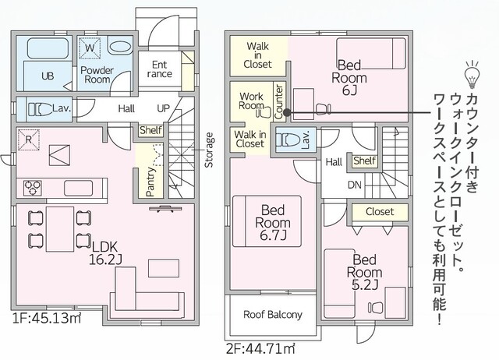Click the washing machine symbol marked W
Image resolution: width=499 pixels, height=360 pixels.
(x=90, y=48)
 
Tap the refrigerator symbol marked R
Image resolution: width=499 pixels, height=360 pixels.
(x=29, y=139)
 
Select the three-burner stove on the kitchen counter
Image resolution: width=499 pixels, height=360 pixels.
(x=33, y=188)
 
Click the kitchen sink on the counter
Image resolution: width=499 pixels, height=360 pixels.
(x=78, y=188)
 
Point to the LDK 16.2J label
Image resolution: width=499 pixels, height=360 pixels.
(x=105, y=253)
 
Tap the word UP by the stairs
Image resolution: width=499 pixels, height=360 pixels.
(x=163, y=108)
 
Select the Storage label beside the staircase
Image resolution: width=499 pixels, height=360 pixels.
(x=209, y=150)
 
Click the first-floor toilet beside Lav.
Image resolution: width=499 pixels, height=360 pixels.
(x=40, y=109)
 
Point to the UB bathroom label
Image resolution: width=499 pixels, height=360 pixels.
(x=48, y=76)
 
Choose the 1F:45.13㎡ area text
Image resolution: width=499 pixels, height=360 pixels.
(x=47, y=319)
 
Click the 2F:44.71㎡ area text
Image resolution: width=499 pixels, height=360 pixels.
(x=260, y=349)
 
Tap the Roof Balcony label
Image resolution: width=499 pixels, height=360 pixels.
(x=273, y=315)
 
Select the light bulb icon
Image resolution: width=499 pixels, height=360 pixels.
(x=472, y=74)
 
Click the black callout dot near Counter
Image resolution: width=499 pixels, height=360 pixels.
(x=287, y=112)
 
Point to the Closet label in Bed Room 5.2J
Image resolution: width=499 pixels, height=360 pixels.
(x=380, y=211)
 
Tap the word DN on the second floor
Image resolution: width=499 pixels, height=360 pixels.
(x=355, y=185)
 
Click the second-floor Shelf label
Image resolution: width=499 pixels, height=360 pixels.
(x=365, y=161)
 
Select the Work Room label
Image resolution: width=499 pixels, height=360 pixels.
(x=251, y=101)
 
